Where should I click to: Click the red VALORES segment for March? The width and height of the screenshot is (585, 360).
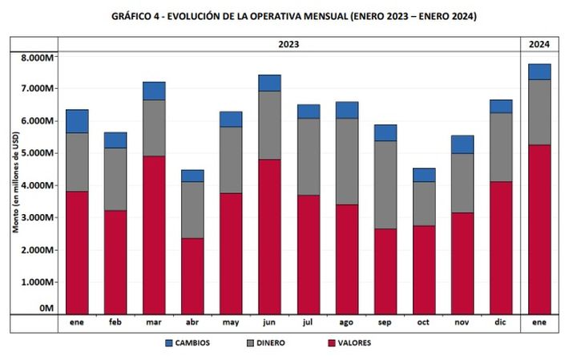coord(154,234)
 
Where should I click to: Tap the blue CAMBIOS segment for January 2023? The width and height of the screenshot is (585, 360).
coord(77,121)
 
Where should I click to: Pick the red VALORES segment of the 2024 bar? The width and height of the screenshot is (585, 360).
coord(539,229)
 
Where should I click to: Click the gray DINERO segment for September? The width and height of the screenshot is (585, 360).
coord(385,184)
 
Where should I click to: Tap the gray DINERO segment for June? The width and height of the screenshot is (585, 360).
coord(270,125)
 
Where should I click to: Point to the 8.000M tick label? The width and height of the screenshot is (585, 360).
coord(37,58)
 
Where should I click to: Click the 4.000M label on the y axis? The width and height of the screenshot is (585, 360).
coord(37,185)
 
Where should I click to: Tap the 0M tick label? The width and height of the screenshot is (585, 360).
coord(46,308)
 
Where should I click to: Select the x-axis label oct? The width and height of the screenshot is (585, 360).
coord(424,323)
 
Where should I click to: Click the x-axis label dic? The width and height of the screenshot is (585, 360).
coord(501,323)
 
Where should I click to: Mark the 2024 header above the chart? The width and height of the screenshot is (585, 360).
coord(539,44)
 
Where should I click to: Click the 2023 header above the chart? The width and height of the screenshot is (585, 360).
coord(288,44)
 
